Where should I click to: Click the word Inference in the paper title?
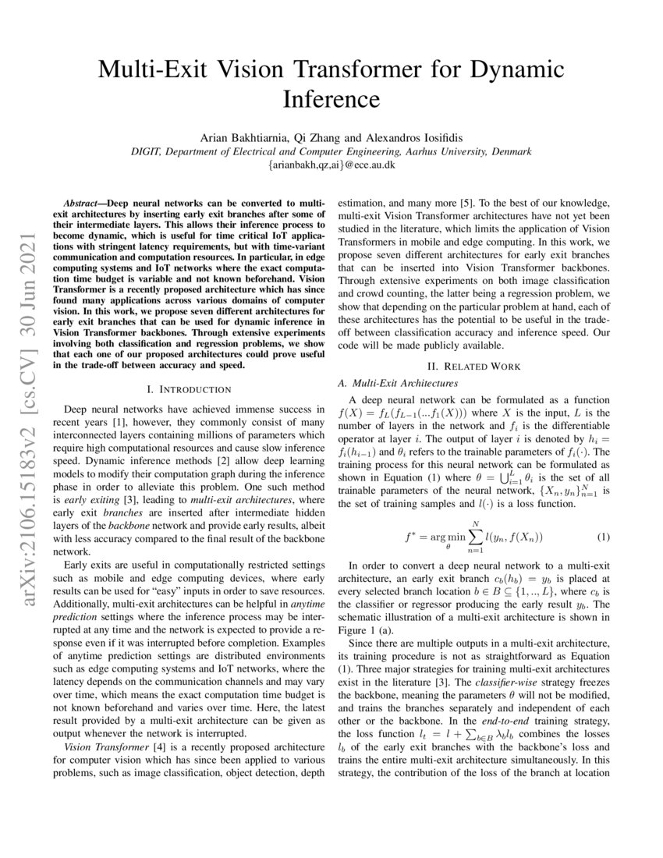[331, 100]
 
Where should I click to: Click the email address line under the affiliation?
[331, 165]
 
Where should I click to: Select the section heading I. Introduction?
[189, 388]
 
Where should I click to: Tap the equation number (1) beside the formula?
[602, 537]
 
